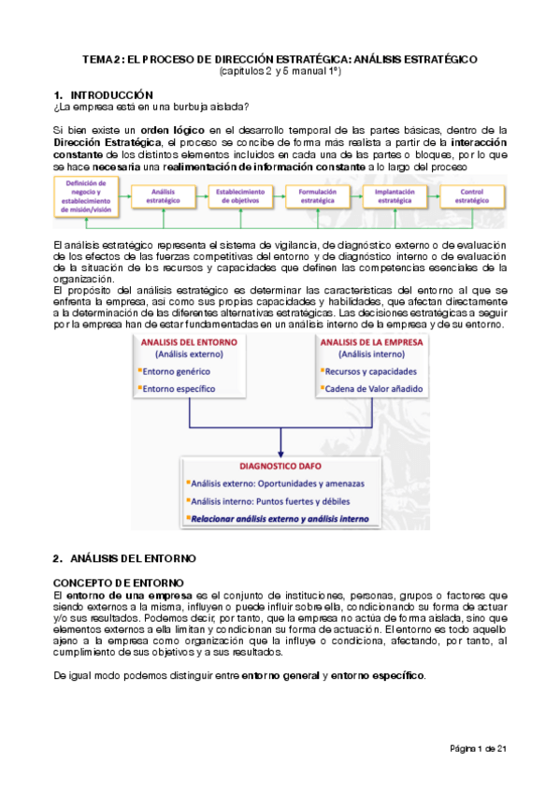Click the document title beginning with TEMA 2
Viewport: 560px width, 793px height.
coord(280,58)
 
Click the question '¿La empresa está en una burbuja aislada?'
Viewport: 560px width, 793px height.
coord(151,108)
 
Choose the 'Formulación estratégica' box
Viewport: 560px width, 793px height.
coord(317,195)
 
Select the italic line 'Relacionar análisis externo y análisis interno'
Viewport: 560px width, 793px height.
coord(280,518)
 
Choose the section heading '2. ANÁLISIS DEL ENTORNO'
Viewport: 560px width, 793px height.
coord(124,558)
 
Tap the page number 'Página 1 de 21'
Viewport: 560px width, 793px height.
coord(478,749)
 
